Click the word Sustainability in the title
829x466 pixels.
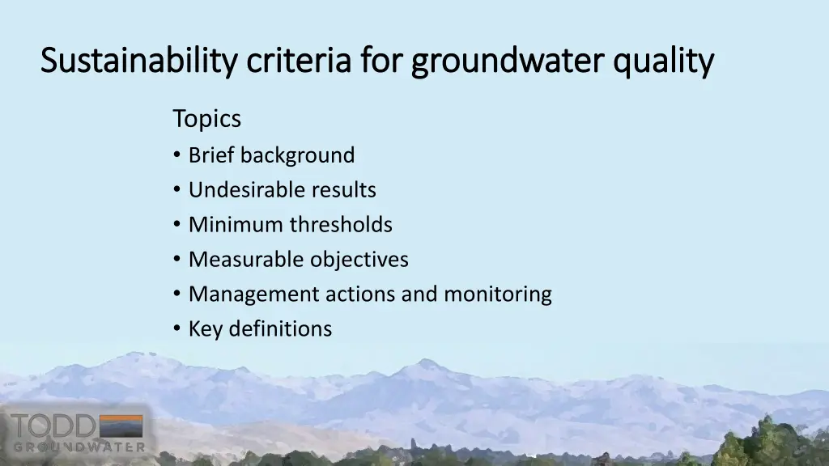[138, 61]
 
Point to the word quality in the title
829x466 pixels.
[664, 61]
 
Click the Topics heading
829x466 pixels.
[206, 119]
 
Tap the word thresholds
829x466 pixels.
[341, 224]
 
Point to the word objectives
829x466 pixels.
[359, 259]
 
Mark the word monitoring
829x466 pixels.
[497, 294]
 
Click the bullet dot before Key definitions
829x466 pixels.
[177, 328]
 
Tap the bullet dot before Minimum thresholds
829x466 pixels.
[177, 224]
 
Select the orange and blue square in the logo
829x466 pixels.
[121, 426]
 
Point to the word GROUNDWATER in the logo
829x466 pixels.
[79, 447]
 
